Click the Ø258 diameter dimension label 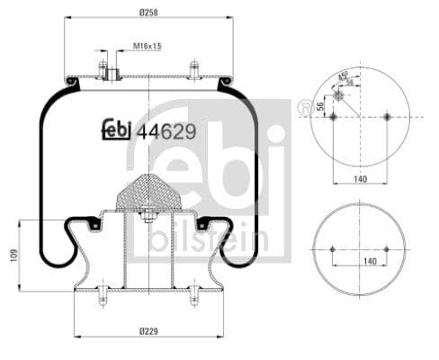(x=148, y=11)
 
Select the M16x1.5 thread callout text (x=147, y=45)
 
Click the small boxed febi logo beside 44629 (x=118, y=130)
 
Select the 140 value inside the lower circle (x=361, y=261)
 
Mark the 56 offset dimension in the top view (x=321, y=106)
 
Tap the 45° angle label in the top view (x=343, y=75)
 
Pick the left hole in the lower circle (x=332, y=249)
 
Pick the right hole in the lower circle (x=389, y=249)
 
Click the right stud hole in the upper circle (x=388, y=116)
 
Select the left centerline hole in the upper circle (x=332, y=116)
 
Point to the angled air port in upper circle (x=337, y=94)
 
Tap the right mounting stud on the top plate (x=194, y=68)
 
